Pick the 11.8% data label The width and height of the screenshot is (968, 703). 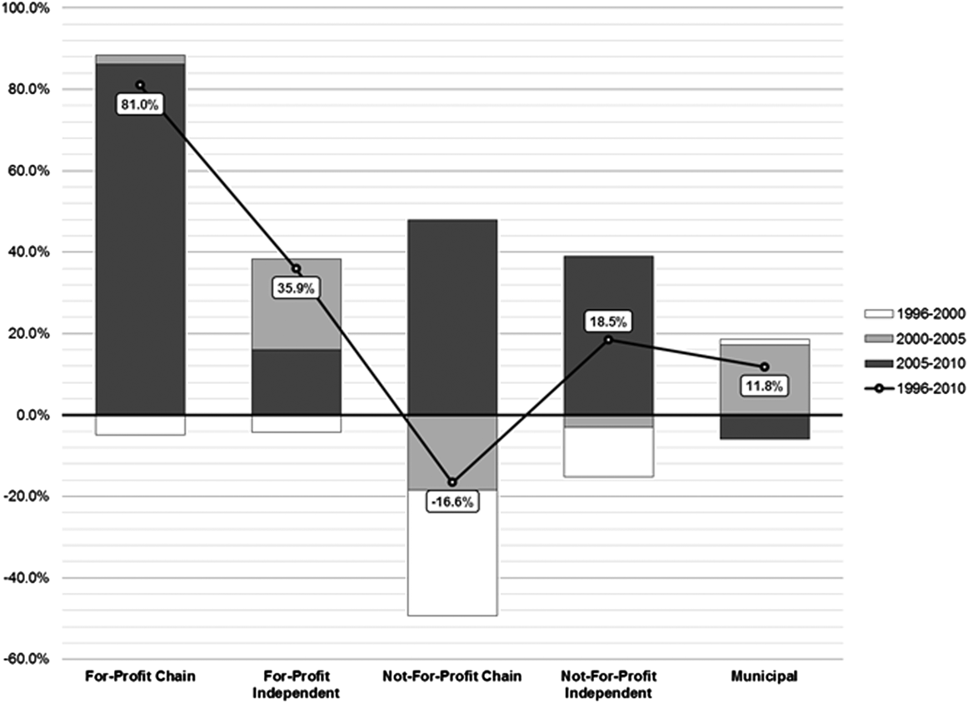pos(765,386)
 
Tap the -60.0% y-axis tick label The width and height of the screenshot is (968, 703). pos(27,659)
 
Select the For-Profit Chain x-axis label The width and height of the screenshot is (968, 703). pos(140,676)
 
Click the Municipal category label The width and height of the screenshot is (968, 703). pos(765,676)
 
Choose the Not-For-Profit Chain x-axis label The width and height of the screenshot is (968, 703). pos(452,676)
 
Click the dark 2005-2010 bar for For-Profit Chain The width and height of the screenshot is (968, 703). pos(140,250)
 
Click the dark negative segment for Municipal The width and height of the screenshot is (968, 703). pos(765,426)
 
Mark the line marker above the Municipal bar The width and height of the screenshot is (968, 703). pos(765,367)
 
